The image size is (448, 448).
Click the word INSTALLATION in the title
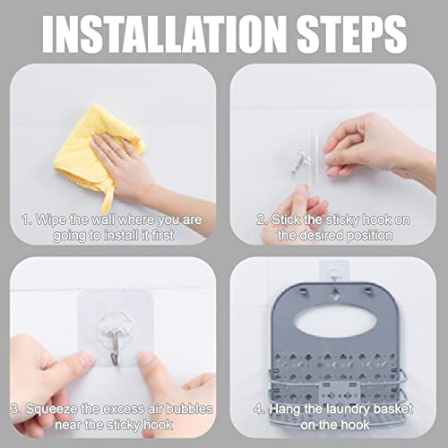pos(164,34)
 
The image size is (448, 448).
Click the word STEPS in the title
pos(352,34)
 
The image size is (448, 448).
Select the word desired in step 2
pos(321,236)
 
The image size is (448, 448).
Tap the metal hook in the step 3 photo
pos(116,347)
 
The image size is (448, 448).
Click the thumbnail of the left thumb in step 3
pos(86,359)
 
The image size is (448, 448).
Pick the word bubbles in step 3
pos(189,409)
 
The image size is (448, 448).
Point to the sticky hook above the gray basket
pos(333,271)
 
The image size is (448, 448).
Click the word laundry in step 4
pos(348,409)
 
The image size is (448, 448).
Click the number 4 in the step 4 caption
pos(258,409)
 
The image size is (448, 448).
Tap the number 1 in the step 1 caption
pos(26,220)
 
